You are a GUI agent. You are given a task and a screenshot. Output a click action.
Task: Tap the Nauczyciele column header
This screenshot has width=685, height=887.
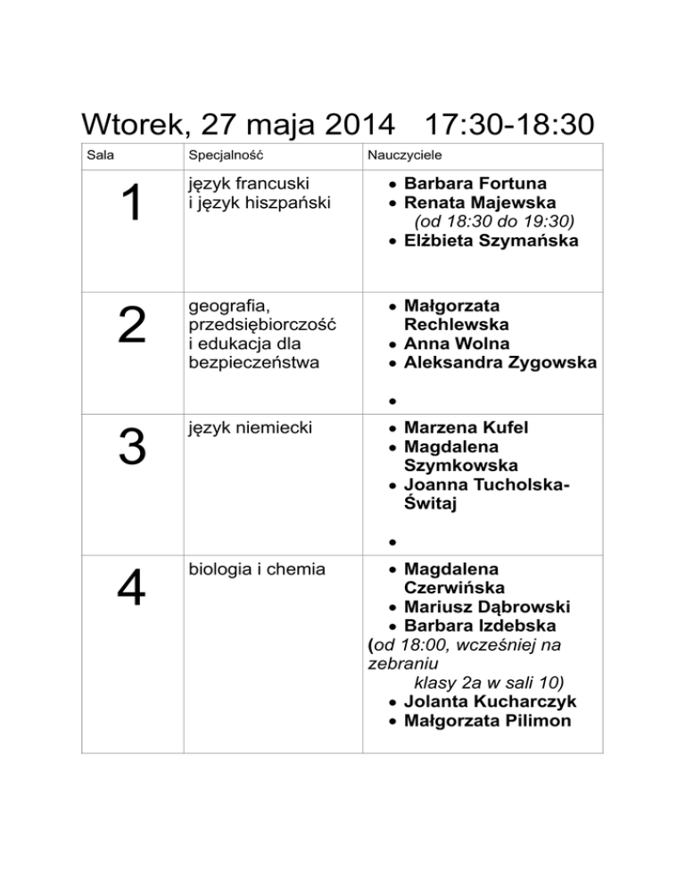click(x=400, y=155)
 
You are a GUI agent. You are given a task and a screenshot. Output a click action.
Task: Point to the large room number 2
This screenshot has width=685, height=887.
click(x=132, y=327)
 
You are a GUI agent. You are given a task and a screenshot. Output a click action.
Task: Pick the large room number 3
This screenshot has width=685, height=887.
click(x=132, y=448)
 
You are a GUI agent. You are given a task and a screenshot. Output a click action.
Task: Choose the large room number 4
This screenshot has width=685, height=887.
click(x=132, y=589)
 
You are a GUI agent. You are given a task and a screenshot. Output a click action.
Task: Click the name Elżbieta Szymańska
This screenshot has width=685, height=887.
click(x=491, y=241)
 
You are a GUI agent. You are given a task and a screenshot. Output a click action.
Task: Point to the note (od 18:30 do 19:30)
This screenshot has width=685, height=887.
click(x=493, y=222)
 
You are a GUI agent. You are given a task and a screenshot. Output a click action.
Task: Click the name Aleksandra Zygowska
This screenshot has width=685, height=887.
click(x=499, y=362)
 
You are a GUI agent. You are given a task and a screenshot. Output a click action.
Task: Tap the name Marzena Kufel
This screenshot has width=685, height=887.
click(x=466, y=427)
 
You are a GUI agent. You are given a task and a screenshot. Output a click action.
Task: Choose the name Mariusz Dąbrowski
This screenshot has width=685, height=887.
click(x=487, y=607)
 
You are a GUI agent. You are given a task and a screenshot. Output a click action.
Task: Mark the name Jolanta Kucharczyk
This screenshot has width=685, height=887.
click(x=487, y=701)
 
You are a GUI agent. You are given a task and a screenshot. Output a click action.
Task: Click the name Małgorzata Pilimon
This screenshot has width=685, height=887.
click(x=487, y=720)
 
